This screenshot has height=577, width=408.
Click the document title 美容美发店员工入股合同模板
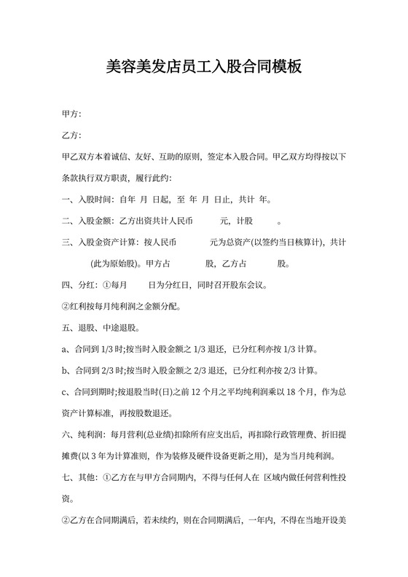(x=204, y=68)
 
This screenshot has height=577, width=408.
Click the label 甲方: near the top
(x=71, y=114)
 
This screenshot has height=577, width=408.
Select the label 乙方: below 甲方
(x=71, y=136)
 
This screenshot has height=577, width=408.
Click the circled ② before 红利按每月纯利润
(x=67, y=306)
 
